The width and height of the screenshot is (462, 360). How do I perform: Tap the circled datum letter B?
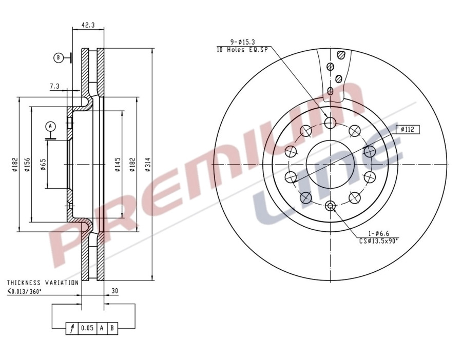pyautogui.click(x=59, y=58)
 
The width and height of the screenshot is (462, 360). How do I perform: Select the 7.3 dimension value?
pyautogui.click(x=55, y=87)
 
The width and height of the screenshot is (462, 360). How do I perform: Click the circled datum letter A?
pyautogui.click(x=50, y=126)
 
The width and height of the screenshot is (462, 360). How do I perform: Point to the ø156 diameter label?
pyautogui.click(x=27, y=164)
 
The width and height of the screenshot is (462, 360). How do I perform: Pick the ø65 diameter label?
pyautogui.click(x=43, y=164)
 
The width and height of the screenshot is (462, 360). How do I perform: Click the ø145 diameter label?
pyautogui.click(x=118, y=164)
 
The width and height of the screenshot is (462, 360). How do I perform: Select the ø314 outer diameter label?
pyautogui.click(x=148, y=164)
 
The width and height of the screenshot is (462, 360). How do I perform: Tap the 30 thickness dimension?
pyautogui.click(x=114, y=291)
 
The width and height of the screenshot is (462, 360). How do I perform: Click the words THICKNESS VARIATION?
pyautogui.click(x=43, y=283)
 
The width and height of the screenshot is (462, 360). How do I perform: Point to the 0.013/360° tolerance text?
pyautogui.click(x=32, y=292)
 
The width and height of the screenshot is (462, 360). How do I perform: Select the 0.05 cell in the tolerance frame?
pyautogui.click(x=87, y=329)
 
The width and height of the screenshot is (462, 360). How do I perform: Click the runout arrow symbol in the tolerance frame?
pyautogui.click(x=72, y=329)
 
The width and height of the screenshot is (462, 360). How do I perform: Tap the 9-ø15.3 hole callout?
pyautogui.click(x=243, y=42)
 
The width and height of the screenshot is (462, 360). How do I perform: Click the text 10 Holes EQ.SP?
pyautogui.click(x=243, y=49)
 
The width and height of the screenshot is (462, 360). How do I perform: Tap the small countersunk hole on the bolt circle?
pyautogui.click(x=330, y=206)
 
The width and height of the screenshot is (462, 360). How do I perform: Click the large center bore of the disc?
pyautogui.click(x=330, y=164)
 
